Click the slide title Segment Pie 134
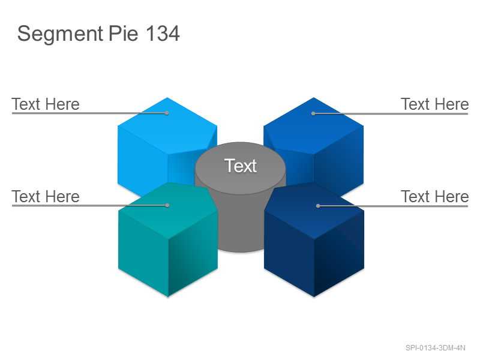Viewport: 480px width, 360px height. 98,34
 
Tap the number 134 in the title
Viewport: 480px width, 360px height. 163,33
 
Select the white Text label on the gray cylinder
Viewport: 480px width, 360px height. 241,166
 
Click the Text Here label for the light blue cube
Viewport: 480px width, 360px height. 46,104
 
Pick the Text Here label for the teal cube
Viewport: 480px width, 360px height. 46,197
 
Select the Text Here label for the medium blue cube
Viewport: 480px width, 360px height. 434,104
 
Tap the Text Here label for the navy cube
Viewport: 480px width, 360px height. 434,197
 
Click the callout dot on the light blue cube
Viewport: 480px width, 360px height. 167,113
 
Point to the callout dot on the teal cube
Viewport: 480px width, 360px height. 167,205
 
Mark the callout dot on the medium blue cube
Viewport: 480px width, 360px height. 313,113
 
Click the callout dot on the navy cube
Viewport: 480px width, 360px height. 318,206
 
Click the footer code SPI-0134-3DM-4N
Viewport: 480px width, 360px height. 436,348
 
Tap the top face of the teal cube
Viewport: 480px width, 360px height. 168,211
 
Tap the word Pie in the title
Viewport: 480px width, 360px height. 124,33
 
